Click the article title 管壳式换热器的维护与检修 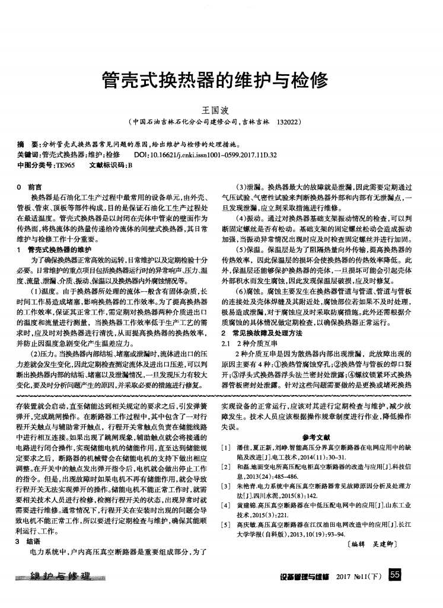216,78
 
